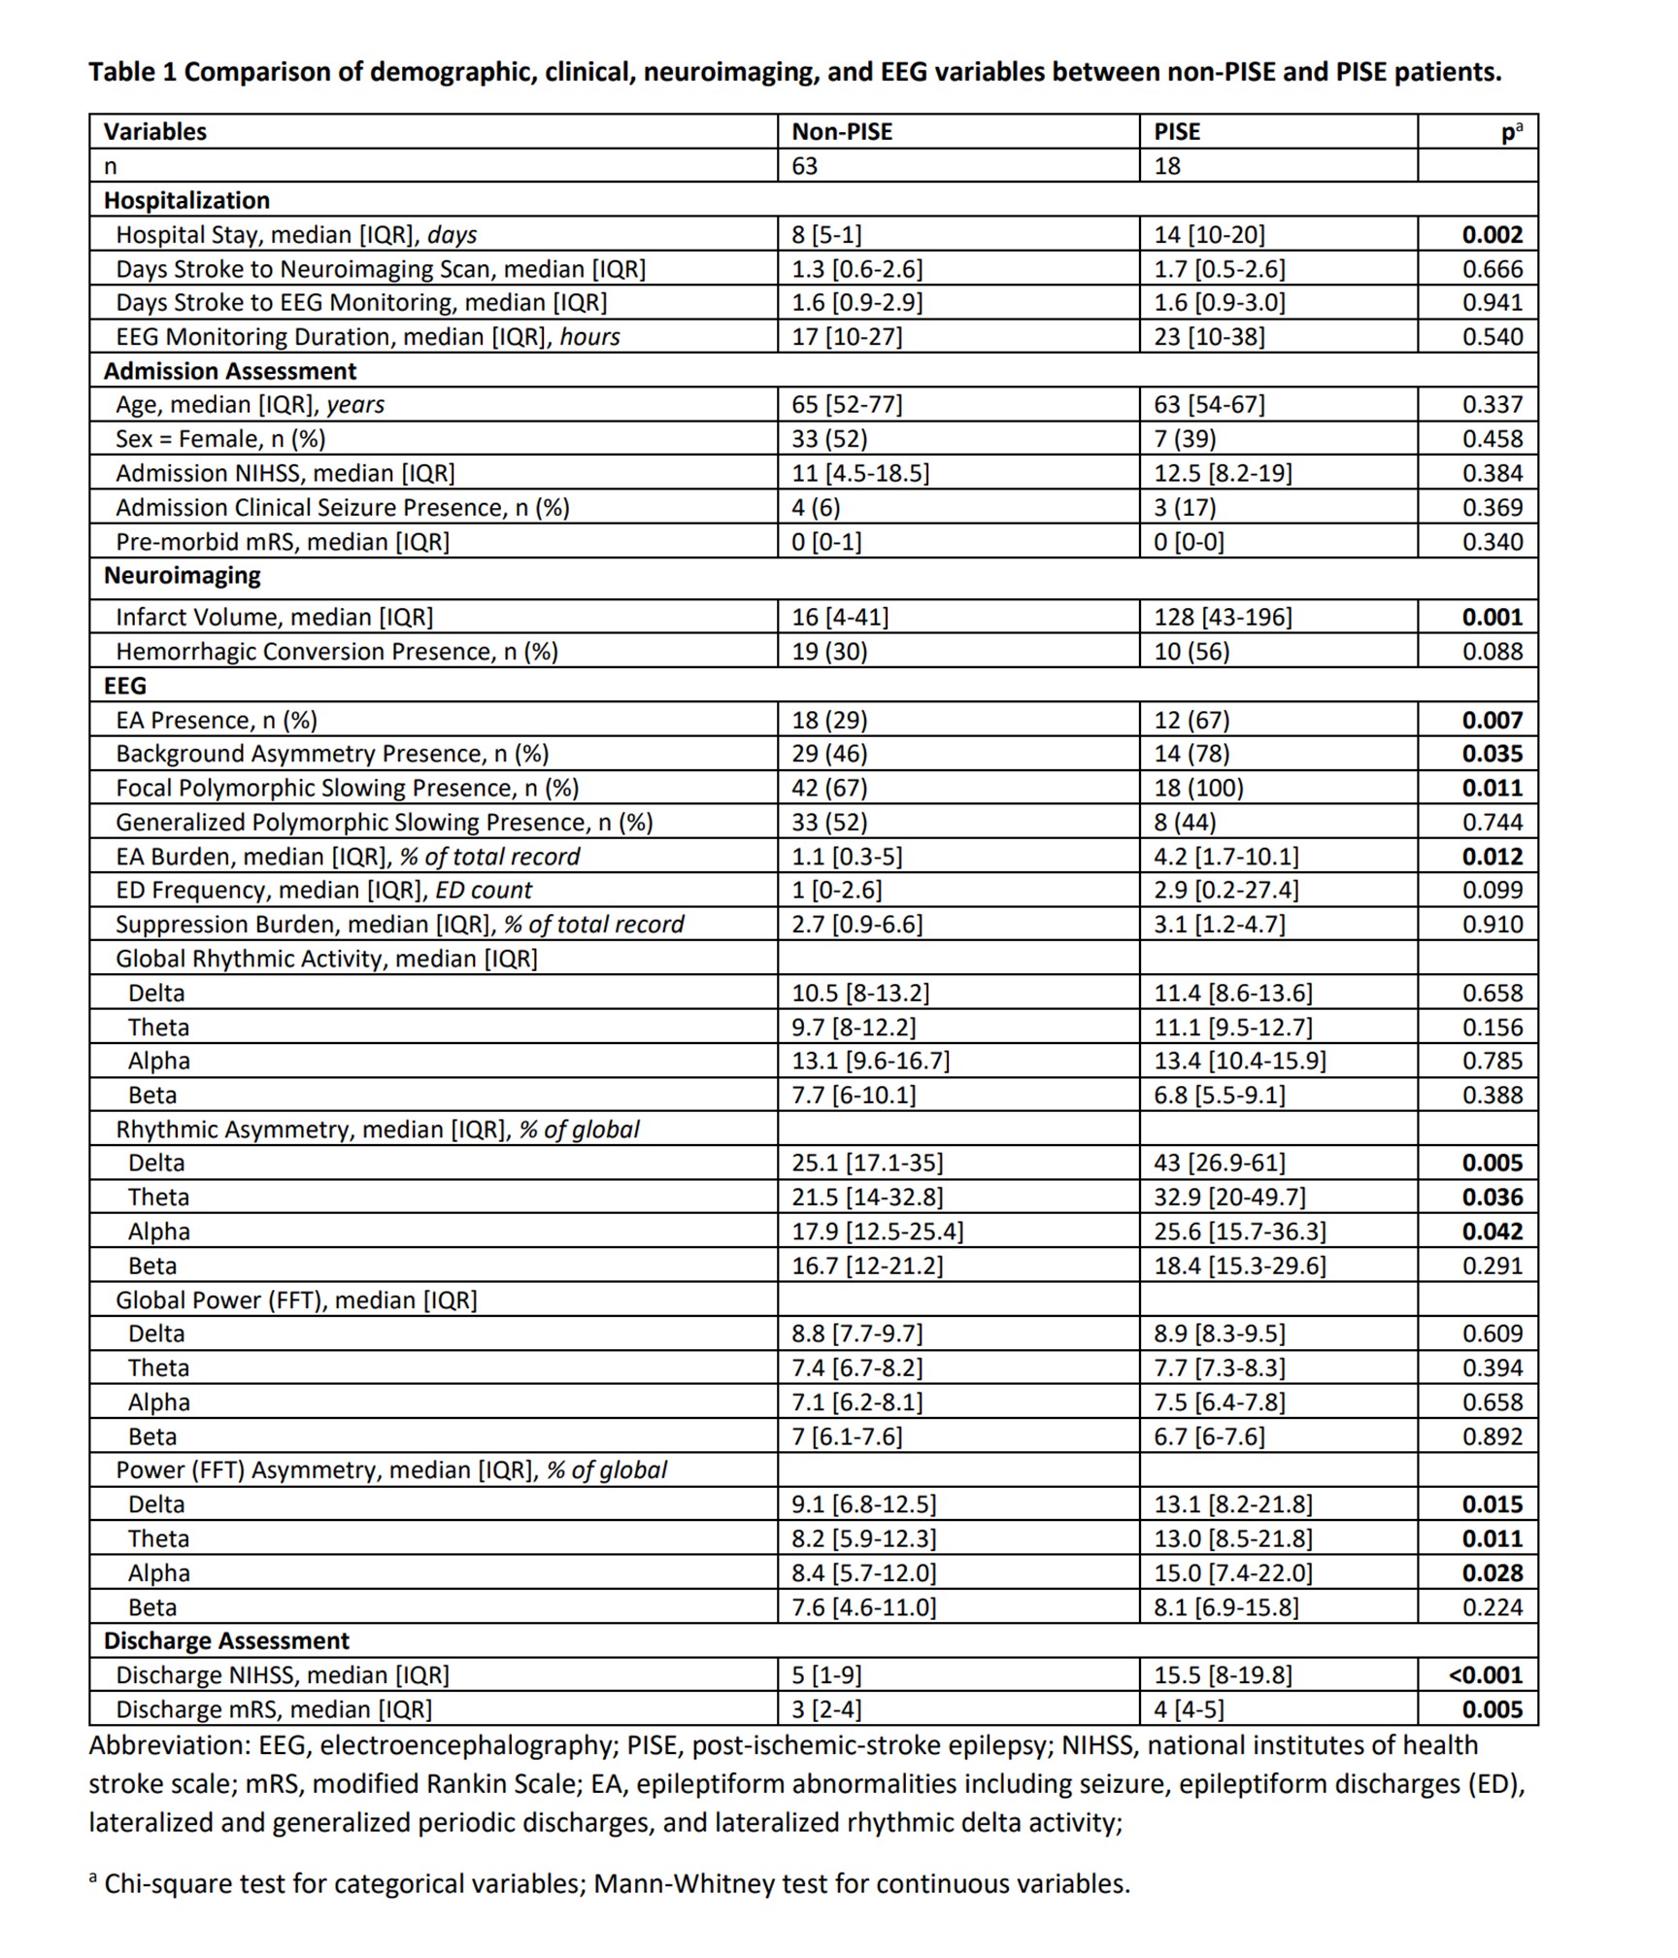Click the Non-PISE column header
(841, 131)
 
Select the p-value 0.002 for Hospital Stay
(1493, 234)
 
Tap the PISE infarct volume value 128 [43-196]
(1222, 617)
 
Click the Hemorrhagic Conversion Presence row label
(336, 651)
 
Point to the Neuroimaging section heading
(182, 575)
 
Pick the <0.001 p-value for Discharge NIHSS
(1485, 1674)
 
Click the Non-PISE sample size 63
(804, 166)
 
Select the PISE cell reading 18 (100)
(1198, 788)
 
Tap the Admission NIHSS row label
(285, 473)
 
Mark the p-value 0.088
(1493, 651)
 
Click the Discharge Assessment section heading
(226, 1640)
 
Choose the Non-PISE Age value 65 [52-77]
(846, 404)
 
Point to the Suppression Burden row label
(399, 924)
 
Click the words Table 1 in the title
(132, 72)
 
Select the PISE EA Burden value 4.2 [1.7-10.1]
(1225, 856)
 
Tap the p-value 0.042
(1493, 1232)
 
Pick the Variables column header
(154, 131)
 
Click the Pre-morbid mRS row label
(282, 541)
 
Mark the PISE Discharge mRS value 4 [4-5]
(1189, 1708)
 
